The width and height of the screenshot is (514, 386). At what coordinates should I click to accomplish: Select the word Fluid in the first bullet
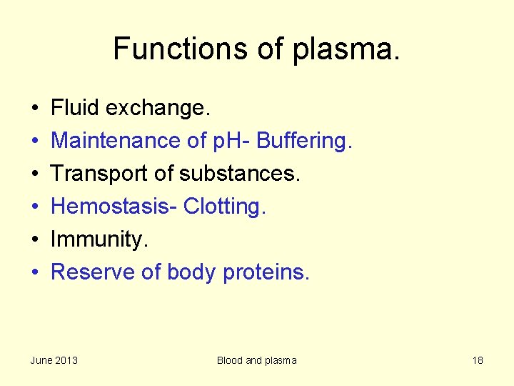(75, 108)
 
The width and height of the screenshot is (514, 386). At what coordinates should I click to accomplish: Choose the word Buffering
(304, 142)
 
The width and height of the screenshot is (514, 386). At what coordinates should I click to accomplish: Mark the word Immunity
(99, 240)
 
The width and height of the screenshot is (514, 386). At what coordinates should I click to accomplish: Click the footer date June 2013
(54, 360)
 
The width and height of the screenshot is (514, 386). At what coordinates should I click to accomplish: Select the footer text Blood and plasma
(256, 360)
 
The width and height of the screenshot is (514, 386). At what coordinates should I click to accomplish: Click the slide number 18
(478, 360)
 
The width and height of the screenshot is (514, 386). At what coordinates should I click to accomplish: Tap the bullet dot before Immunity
(34, 240)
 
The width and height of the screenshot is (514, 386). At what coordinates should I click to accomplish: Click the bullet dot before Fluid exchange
(34, 109)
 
